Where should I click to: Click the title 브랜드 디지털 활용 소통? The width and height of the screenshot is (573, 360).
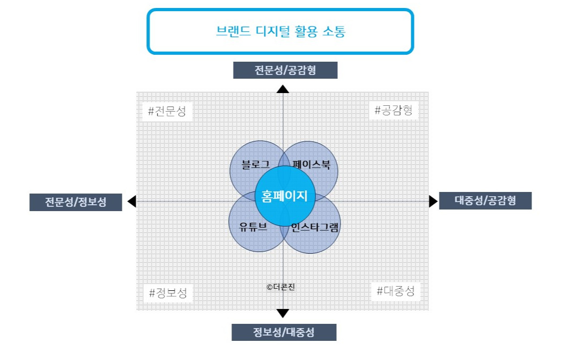[x=280, y=31]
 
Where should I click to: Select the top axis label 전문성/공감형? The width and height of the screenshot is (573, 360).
[x=285, y=70]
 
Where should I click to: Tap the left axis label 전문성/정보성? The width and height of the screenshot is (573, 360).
[x=76, y=202]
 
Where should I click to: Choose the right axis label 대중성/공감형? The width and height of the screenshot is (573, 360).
[x=485, y=200]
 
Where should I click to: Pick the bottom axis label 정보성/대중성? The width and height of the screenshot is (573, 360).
[x=284, y=332]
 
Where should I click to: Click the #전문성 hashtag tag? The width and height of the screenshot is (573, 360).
[x=167, y=112]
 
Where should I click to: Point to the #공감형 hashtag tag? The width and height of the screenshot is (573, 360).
[x=393, y=111]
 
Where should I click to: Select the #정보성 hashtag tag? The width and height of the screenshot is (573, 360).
[x=168, y=292]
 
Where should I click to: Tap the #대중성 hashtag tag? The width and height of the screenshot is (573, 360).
[x=395, y=291]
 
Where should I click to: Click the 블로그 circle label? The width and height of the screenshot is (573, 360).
[x=255, y=165]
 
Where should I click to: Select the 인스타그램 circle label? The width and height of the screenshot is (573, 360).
[x=315, y=227]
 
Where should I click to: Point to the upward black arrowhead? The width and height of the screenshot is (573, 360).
[x=283, y=89]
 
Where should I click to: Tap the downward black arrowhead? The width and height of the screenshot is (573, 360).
[x=283, y=313]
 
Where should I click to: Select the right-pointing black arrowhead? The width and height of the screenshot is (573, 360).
[x=433, y=201]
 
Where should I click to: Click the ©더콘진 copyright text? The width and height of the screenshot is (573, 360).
[x=280, y=287]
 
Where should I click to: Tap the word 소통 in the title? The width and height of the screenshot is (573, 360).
[x=334, y=31]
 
